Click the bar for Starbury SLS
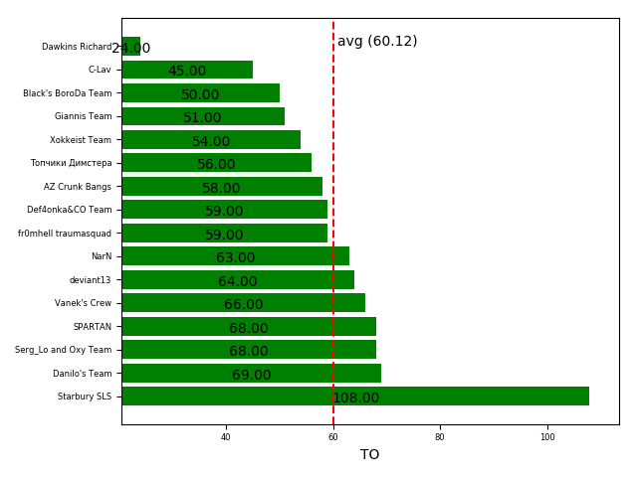[354, 397]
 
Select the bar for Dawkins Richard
[130, 46]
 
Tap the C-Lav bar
[187, 70]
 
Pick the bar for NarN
[235, 256]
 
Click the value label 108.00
[355, 398]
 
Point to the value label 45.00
[187, 72]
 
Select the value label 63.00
[236, 258]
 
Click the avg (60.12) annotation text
[377, 42]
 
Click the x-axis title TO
[369, 455]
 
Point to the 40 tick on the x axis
[226, 437]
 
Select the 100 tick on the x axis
[547, 437]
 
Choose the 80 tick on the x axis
[440, 437]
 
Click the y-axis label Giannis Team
[84, 116]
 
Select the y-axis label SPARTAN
[93, 327]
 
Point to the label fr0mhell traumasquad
[65, 234]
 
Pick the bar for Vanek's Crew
[243, 303]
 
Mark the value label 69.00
[252, 376]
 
